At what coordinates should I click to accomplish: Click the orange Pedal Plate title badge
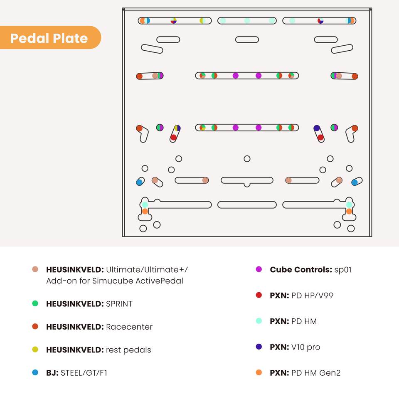pos(50,37)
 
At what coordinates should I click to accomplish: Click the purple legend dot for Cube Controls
pos(259,269)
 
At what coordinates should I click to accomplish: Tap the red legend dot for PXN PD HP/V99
pos(259,295)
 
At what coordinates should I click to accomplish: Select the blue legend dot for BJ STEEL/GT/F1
pos(35,372)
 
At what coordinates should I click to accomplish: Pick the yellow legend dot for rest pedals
pos(35,350)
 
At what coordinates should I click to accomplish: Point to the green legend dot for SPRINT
pos(35,303)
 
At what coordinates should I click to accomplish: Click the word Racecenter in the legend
pos(129,327)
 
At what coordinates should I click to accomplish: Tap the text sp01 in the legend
pos(343,270)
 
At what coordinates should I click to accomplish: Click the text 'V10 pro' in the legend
pos(305,347)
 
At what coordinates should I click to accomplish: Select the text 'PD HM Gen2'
pos(316,373)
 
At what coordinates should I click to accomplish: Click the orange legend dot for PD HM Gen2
pos(259,372)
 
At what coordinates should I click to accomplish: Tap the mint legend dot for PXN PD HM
pos(259,320)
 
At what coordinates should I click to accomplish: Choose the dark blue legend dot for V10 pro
pos(259,347)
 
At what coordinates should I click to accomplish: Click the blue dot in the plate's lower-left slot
pos(139,182)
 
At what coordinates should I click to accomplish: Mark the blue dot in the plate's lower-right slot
pos(355,182)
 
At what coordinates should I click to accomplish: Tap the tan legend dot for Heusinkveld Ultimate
pos(35,269)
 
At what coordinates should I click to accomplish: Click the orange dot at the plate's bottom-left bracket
pos(145,211)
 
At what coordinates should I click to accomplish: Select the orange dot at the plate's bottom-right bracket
pos(349,211)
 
